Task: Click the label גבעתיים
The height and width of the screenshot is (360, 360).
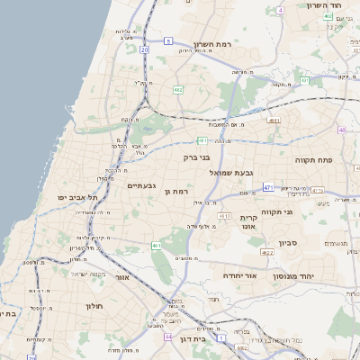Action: pos(142,186)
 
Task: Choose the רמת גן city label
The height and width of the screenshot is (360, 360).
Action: pos(184,192)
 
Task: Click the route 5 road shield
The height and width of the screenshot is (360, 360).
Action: pos(168,40)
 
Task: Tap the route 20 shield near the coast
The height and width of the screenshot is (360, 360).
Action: pos(144,50)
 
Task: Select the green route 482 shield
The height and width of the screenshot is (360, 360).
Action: pos(178,90)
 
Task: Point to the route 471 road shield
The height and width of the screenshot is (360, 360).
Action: pos(268,187)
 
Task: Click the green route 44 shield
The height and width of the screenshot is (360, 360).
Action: pos(168,337)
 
